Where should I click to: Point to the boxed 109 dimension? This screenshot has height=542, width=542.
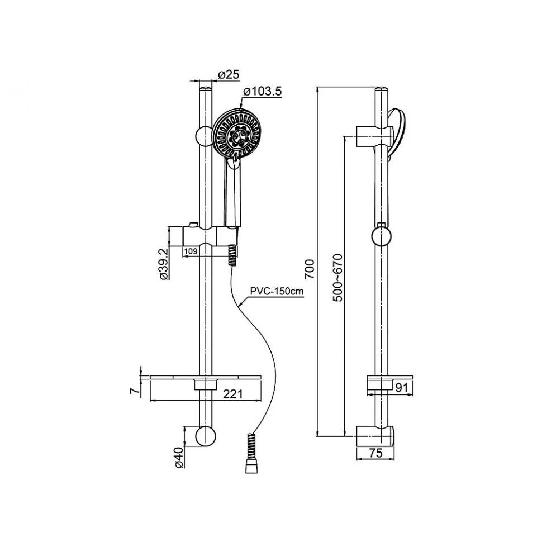[x=191, y=251]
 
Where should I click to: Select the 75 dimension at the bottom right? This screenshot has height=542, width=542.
[x=376, y=453]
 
